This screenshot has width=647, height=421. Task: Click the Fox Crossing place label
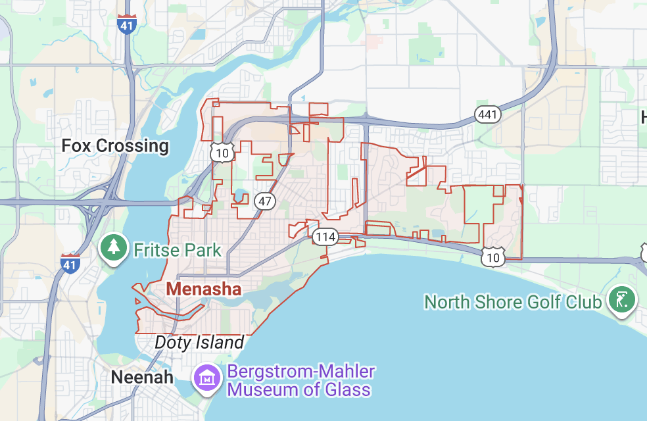[115, 145]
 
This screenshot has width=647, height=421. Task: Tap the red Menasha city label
[203, 289]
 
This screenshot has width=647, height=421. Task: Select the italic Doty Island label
[199, 342]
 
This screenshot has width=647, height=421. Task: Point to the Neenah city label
[142, 377]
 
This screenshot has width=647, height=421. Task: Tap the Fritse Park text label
[178, 250]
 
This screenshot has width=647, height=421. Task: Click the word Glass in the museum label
[347, 389]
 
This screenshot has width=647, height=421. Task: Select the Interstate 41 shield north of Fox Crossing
[126, 24]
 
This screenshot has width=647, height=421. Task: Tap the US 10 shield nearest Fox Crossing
[221, 153]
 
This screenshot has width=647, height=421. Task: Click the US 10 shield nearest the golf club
[492, 257]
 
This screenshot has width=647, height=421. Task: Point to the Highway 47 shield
[264, 201]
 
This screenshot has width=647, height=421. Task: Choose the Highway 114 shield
[325, 237]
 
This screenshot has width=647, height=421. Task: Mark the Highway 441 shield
[487, 115]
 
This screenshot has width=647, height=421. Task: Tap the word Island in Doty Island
[220, 342]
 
